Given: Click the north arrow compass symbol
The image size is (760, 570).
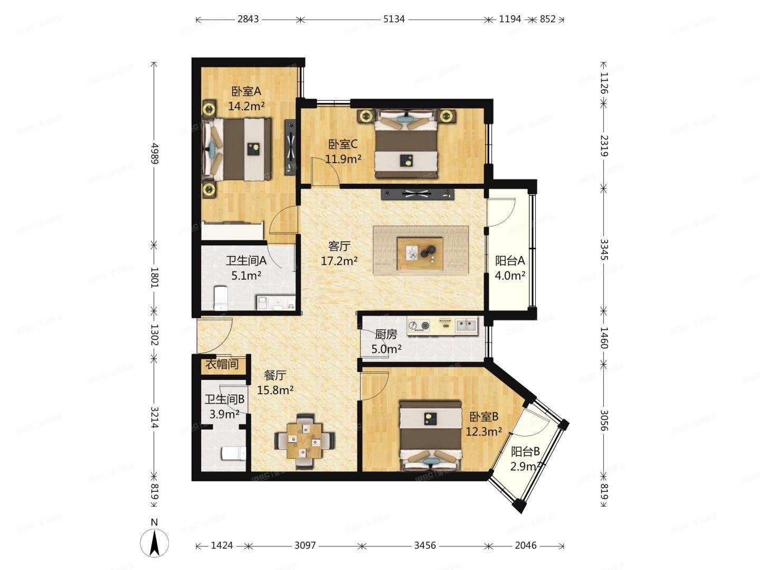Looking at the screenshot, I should pyautogui.click(x=155, y=542).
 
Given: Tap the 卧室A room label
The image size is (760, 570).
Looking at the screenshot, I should pyautogui.click(x=246, y=91).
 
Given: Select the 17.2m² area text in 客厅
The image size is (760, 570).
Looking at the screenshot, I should pyautogui.click(x=339, y=260).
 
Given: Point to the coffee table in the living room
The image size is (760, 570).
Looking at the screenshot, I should pyautogui.click(x=420, y=250).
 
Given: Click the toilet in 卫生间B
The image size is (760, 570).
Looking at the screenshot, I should pyautogui.click(x=232, y=453).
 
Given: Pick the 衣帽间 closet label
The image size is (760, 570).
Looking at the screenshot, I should pyautogui.click(x=222, y=365).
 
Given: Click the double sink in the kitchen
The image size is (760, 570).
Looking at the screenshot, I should pyautogui.click(x=466, y=325).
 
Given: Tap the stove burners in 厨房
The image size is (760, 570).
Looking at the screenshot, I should pyautogui.click(x=419, y=326).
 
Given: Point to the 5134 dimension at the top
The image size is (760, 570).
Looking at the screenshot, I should pyautogui.click(x=394, y=19).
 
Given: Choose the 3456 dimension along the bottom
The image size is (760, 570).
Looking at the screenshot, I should pyautogui.click(x=424, y=545).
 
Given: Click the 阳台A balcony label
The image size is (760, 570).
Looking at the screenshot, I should pyautogui.click(x=510, y=261).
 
